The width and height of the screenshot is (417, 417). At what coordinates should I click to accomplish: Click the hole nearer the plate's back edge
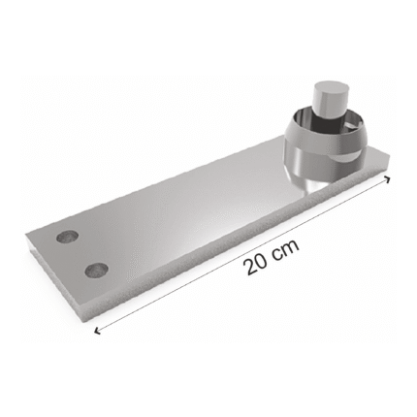(x=67, y=237)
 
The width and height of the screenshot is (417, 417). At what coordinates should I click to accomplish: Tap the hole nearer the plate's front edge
(x=96, y=271)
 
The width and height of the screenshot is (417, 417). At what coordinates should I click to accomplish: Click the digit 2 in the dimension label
(x=252, y=267)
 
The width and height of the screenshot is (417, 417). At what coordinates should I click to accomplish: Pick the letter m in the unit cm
(x=291, y=247)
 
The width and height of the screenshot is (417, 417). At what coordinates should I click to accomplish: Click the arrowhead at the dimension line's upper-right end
(x=387, y=178)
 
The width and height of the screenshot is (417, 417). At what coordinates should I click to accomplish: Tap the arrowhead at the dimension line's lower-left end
(x=96, y=330)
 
